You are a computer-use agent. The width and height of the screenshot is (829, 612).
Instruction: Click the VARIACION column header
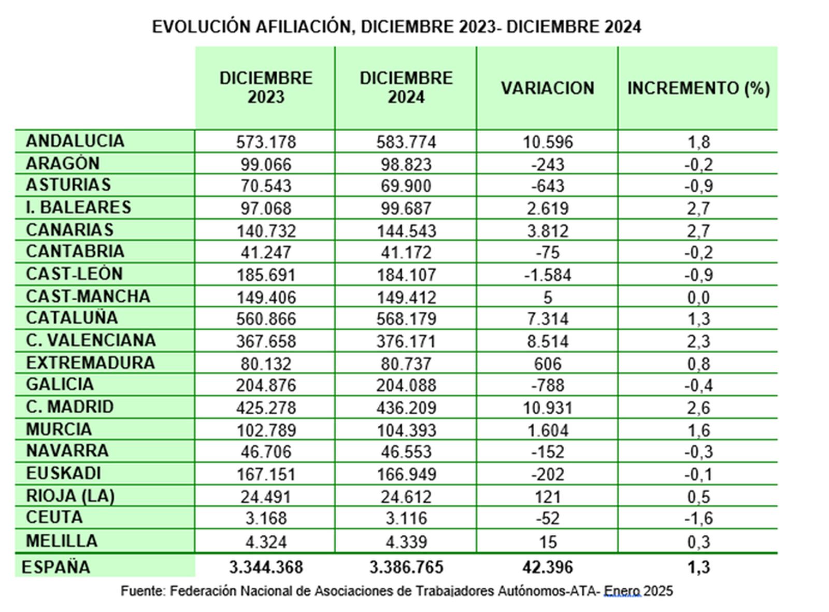pyautogui.click(x=547, y=88)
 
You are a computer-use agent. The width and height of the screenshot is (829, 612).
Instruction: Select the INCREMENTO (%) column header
pyautogui.click(x=698, y=88)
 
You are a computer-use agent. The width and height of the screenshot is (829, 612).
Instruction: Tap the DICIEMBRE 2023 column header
pyautogui.click(x=266, y=88)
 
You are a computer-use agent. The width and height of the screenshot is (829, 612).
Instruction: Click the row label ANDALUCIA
pyautogui.click(x=75, y=141)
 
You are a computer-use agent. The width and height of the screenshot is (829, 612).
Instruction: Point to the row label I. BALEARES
pyautogui.click(x=78, y=207)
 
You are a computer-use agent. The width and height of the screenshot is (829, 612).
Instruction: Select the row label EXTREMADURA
pyautogui.click(x=90, y=363)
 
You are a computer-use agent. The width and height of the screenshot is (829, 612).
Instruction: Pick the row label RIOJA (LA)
pyautogui.click(x=70, y=496)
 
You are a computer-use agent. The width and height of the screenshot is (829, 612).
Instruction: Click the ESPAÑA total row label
pyautogui.click(x=55, y=567)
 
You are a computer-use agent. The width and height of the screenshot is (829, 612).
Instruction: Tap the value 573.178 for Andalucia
pyautogui.click(x=266, y=142)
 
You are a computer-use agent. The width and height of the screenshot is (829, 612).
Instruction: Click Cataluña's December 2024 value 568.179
pyautogui.click(x=406, y=318)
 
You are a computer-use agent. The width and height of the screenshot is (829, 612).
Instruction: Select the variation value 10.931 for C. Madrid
pyautogui.click(x=547, y=407)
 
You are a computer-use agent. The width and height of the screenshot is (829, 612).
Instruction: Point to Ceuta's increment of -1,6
pyautogui.click(x=698, y=518)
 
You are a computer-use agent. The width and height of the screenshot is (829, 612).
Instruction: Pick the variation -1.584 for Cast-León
pyautogui.click(x=547, y=274)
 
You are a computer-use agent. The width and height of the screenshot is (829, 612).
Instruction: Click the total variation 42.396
pyautogui.click(x=548, y=567)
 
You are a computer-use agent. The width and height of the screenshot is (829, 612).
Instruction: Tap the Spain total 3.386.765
pyautogui.click(x=406, y=567)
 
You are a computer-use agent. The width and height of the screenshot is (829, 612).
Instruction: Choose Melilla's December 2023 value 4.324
pyautogui.click(x=266, y=541)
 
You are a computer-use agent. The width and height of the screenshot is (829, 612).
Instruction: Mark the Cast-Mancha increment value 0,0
pyautogui.click(x=698, y=297)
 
